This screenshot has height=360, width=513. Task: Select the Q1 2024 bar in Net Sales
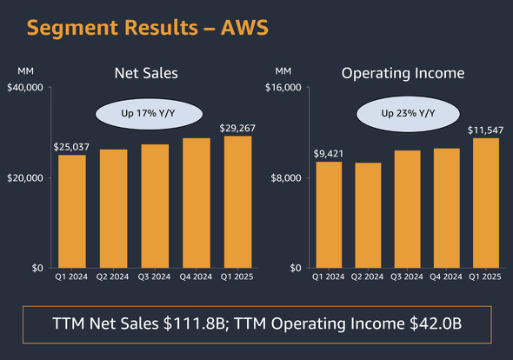[72, 211]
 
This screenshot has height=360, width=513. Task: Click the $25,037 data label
[72, 147]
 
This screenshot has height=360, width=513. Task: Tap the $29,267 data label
[237, 128]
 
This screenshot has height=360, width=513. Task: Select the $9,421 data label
[329, 154]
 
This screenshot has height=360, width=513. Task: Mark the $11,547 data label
[485, 130]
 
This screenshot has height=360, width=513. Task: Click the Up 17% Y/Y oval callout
[147, 114]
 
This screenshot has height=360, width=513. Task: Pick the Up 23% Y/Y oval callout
[408, 114]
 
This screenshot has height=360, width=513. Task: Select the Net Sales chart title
[146, 73]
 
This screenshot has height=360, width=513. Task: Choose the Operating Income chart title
[403, 73]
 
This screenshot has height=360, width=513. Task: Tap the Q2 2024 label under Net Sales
[114, 277]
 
